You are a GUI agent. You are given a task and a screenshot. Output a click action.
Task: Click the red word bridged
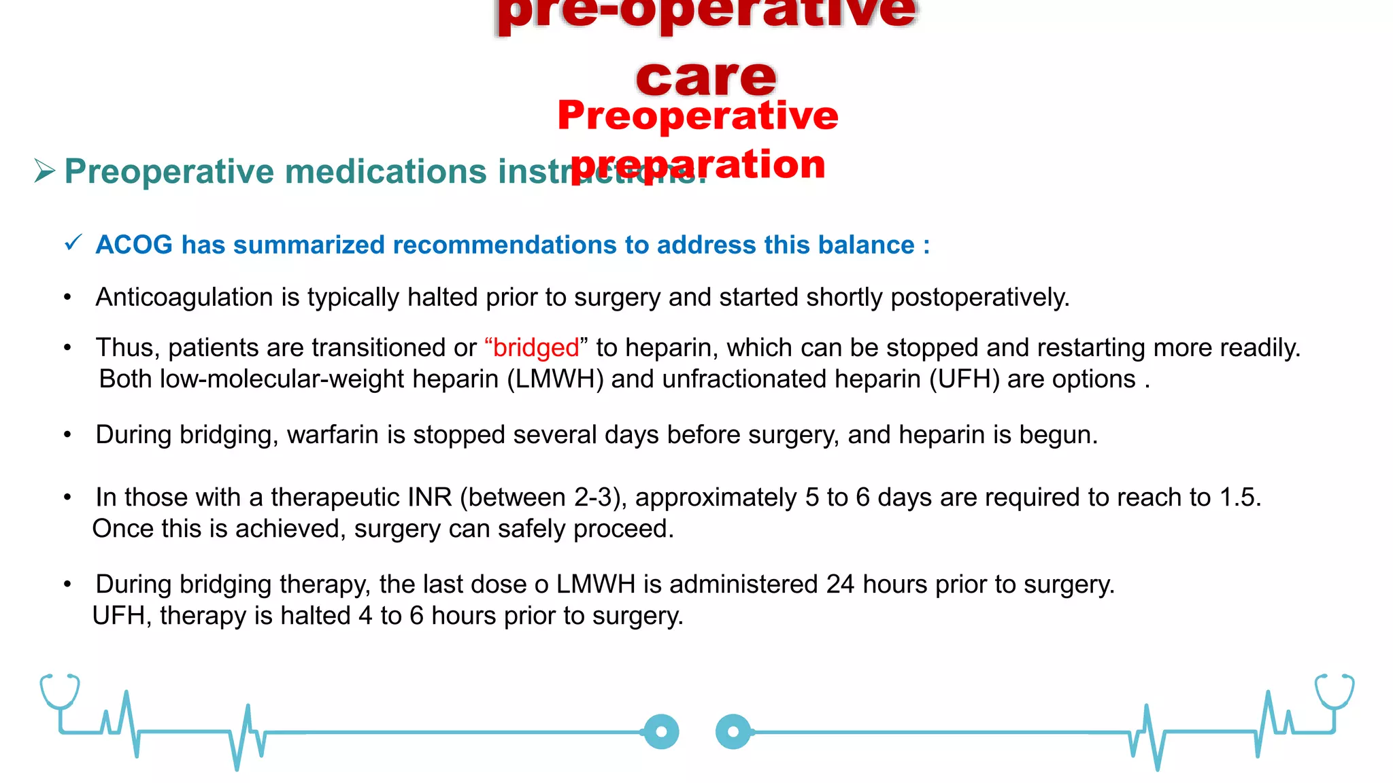(x=535, y=348)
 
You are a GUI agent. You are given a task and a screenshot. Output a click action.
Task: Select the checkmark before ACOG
(x=73, y=243)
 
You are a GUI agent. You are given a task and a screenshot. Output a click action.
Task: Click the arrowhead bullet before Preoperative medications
(x=44, y=171)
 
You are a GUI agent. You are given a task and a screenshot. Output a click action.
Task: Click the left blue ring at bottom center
(x=661, y=732)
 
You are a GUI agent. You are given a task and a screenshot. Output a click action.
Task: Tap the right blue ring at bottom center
(x=733, y=732)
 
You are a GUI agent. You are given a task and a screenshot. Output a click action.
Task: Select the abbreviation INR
(x=429, y=498)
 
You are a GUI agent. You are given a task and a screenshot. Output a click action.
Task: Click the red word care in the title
(x=706, y=77)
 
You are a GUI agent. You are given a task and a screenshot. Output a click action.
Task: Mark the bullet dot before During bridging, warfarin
(x=67, y=435)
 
